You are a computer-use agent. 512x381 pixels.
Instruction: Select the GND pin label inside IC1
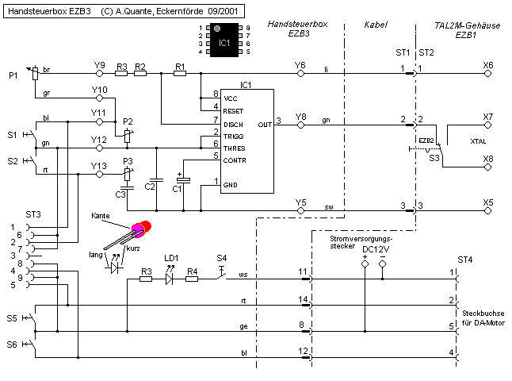point(231,186)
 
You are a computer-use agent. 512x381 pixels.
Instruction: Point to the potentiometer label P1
point(13,75)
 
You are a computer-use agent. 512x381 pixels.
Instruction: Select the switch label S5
point(13,318)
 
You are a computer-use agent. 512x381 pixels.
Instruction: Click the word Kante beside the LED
point(101,216)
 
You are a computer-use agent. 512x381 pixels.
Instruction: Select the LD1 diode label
point(171,259)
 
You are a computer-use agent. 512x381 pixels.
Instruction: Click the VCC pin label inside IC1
point(231,98)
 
